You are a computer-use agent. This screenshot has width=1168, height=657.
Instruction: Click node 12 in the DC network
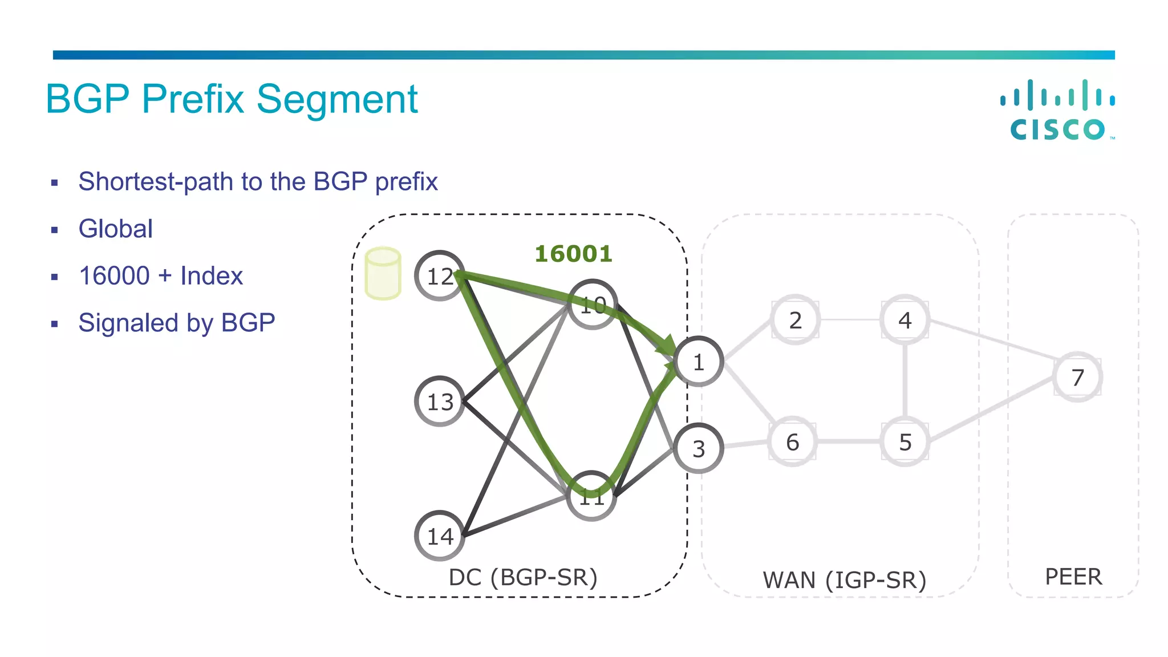click(x=440, y=276)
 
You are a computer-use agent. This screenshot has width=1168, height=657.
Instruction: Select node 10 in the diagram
click(x=593, y=305)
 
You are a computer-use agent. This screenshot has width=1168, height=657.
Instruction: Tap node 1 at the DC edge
click(x=699, y=362)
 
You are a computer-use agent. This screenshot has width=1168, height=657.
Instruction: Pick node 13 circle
click(x=440, y=401)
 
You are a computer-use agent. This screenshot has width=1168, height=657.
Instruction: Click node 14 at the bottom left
click(x=440, y=536)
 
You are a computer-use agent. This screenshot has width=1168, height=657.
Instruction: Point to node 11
click(x=592, y=496)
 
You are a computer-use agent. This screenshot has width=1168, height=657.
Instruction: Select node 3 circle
click(x=699, y=449)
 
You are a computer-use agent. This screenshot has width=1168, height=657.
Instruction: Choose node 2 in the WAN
click(x=795, y=320)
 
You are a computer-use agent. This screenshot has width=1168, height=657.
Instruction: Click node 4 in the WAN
click(x=905, y=320)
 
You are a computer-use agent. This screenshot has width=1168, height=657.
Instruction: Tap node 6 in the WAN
click(x=792, y=442)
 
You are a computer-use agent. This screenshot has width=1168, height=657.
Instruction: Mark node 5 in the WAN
click(x=905, y=442)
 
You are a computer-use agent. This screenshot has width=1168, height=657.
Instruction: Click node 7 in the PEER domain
click(x=1077, y=377)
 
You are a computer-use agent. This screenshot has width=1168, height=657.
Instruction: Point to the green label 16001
click(x=573, y=254)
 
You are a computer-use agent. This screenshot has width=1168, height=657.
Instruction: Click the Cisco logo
click(x=1057, y=110)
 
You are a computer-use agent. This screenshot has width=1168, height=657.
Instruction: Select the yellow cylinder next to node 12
click(x=383, y=273)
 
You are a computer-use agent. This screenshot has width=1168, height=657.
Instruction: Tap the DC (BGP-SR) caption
click(x=523, y=577)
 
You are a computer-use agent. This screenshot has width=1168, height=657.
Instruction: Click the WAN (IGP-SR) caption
click(x=844, y=580)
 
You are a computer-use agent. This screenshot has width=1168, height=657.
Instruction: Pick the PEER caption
click(x=1073, y=577)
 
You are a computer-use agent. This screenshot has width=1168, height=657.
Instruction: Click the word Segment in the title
click(x=337, y=100)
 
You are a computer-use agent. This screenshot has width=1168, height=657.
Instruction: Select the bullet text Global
click(x=116, y=229)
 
